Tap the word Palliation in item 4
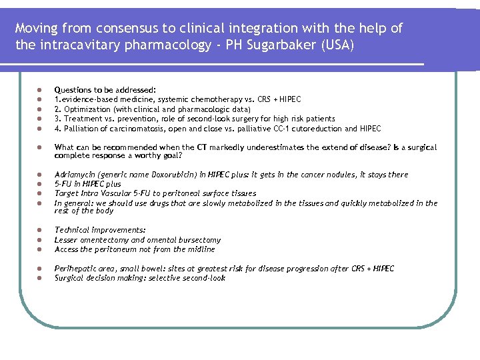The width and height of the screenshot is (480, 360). coord(79,129)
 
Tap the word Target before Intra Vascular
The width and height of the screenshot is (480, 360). coord(66,193)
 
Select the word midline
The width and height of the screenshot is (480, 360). coord(201,249)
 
